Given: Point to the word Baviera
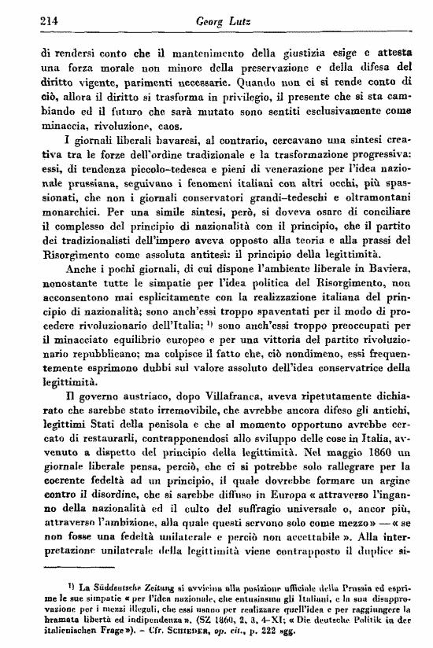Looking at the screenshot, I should [x=385, y=290].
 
